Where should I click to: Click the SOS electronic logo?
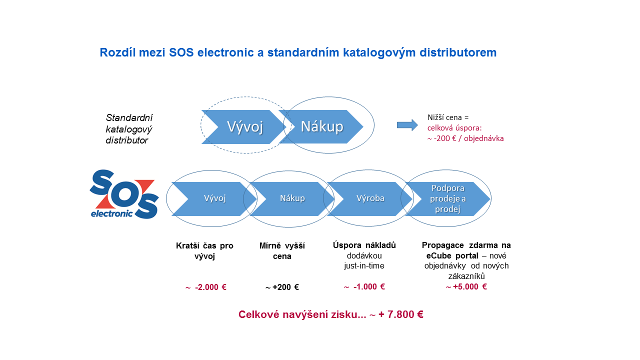click(x=124, y=194)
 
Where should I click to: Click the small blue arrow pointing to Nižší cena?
click(x=407, y=125)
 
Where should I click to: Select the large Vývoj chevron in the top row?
click(x=243, y=127)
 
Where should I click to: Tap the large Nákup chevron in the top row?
click(x=321, y=126)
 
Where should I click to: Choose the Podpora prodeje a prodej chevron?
click(x=447, y=199)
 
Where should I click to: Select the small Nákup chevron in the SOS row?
click(x=292, y=199)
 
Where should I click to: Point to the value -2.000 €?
click(x=210, y=287)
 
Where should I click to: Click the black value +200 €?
click(x=285, y=287)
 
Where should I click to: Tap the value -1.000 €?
click(x=369, y=286)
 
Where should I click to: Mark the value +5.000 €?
click(x=469, y=286)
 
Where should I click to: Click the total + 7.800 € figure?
click(x=400, y=314)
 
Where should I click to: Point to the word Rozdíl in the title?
click(x=117, y=52)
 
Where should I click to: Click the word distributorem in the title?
click(x=458, y=52)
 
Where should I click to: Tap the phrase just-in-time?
click(x=364, y=266)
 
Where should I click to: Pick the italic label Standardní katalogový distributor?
click(x=129, y=129)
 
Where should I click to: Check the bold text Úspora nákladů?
click(x=364, y=245)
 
